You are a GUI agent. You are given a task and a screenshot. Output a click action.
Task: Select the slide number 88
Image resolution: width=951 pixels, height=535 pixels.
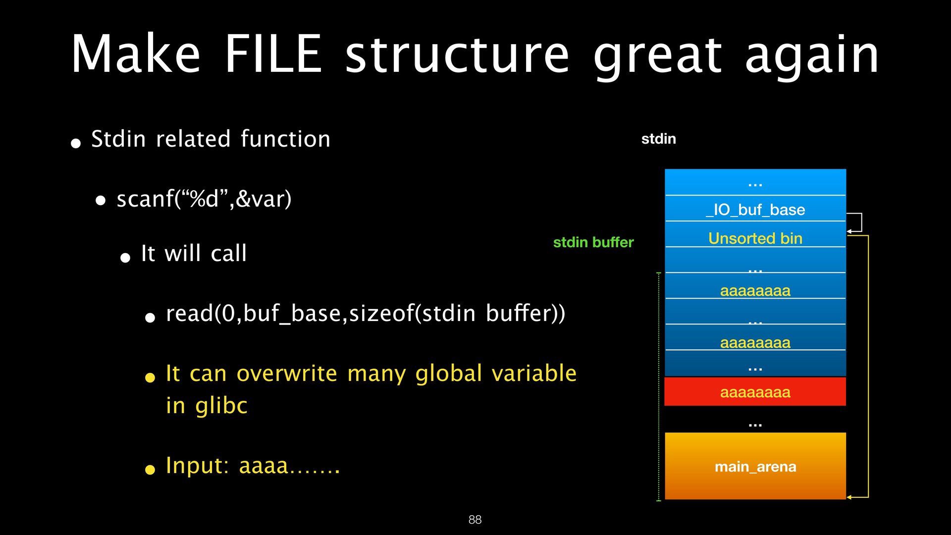(475, 519)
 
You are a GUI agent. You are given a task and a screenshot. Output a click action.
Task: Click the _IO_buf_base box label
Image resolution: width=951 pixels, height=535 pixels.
(755, 210)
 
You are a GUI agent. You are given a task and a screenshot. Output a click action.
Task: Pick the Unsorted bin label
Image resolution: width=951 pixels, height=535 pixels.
(755, 238)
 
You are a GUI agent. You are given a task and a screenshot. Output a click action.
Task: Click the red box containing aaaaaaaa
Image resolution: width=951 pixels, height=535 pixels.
(755, 392)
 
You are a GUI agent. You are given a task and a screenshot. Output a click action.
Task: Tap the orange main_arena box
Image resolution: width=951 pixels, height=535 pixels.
(755, 466)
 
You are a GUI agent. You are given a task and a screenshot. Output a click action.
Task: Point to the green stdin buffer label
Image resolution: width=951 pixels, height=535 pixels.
(593, 242)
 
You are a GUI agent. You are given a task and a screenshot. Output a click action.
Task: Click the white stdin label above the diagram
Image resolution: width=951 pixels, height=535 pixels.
(658, 139)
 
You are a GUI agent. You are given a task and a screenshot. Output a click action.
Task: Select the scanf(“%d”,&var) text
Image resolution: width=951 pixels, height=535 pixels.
(204, 199)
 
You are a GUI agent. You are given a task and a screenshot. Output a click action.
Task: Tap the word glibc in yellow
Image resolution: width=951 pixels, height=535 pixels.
(221, 406)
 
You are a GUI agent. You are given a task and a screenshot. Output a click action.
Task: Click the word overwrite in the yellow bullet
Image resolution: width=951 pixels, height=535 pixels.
(287, 373)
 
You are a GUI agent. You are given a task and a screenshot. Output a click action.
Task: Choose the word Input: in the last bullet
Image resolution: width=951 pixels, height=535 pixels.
(197, 466)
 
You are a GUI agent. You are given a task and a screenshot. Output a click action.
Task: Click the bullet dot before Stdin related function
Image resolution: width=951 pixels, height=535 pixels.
(76, 144)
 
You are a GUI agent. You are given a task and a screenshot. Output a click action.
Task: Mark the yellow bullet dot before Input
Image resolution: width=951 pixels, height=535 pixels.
(150, 470)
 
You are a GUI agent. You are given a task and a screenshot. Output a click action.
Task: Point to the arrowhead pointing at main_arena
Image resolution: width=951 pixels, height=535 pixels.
(849, 497)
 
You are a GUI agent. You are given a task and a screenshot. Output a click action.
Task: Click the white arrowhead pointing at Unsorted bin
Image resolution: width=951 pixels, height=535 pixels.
(849, 231)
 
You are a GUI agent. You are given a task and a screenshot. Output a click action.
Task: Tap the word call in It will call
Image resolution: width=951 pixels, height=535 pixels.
(228, 254)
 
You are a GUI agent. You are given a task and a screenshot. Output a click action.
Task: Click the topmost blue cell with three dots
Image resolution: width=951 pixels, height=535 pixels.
(755, 183)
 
